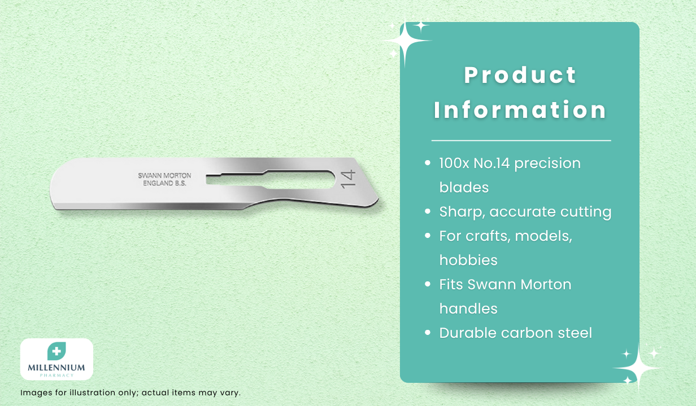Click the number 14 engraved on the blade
[x=348, y=179]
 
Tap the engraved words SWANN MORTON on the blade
[x=165, y=175]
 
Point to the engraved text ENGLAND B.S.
[x=165, y=183]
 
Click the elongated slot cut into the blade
[x=271, y=179]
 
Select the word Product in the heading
[x=520, y=75]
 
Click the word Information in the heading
[x=520, y=110]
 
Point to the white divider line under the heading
[x=521, y=140]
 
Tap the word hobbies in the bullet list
[x=468, y=260]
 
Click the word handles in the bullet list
[x=468, y=308]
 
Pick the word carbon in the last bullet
[x=527, y=333]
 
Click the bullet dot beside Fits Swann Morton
[x=428, y=284]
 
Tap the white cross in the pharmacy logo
[x=56, y=351]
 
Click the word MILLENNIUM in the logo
[x=56, y=368]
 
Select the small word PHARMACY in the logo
[x=56, y=376]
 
